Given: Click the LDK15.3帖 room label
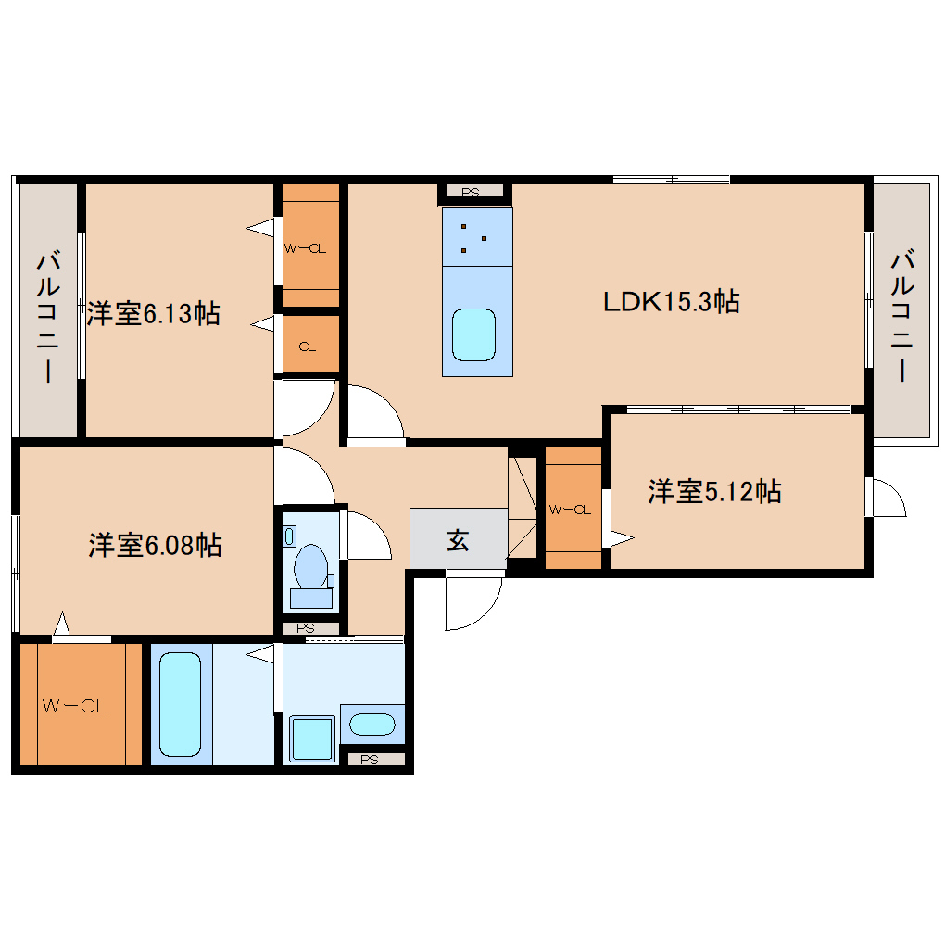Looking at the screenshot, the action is coord(672,301).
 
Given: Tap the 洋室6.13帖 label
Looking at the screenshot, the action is coord(153,313).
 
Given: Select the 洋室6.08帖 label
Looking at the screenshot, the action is coord(155,545).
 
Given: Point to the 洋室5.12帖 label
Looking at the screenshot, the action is coord(715,491).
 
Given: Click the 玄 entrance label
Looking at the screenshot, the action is coord(458,540).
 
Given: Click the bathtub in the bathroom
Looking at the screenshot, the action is coord(181,704).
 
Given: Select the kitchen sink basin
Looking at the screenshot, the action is coord(473,335).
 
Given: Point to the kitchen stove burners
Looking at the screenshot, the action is coord(473,238).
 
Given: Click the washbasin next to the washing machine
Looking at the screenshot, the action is coord(372,724).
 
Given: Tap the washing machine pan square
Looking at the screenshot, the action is coord(312,738).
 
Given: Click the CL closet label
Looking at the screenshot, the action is coord(308,346).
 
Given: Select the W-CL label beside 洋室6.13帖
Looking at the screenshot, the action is coord(305,248).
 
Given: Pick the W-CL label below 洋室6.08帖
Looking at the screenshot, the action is coord(75,706).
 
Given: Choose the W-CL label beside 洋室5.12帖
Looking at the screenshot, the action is coord(570,510).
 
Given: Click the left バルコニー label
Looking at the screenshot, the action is coord(47,317).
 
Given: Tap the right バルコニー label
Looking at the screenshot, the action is coord(902,315).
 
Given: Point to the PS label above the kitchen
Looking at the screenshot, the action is coord(470,193).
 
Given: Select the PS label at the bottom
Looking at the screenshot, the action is coord(370,760).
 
